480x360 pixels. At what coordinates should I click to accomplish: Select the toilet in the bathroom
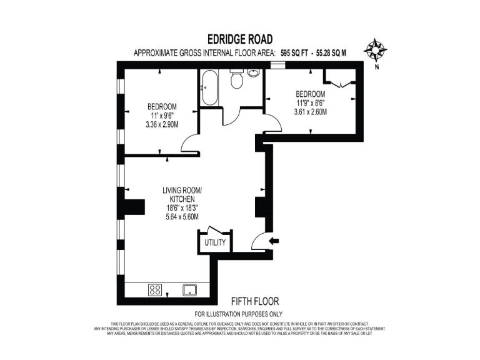coord(236,80)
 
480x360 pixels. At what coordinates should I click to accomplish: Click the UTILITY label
coord(215,242)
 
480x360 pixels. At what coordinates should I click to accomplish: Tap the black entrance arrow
coord(274,241)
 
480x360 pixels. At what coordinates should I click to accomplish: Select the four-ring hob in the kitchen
coord(155,289)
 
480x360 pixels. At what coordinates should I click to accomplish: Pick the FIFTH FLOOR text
coord(255,301)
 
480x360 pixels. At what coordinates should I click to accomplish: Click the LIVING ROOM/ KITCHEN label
coord(182,194)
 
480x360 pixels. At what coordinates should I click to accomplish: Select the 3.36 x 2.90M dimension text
coord(162,124)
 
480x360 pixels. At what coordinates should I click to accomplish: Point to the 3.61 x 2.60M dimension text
coord(311,112)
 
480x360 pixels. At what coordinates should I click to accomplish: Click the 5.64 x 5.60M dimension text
coord(182,217)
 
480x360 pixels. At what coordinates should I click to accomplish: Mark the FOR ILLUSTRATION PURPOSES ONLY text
coord(239,314)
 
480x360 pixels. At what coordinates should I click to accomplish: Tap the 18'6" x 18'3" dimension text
coord(182,208)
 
